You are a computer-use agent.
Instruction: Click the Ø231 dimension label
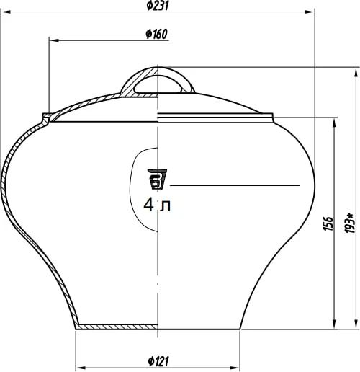pyautogui.click(x=158, y=6)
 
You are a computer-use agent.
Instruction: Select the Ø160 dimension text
pyautogui.click(x=156, y=34)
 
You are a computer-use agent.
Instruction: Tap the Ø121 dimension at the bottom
pyautogui.click(x=158, y=361)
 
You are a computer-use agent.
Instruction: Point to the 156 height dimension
pyautogui.click(x=328, y=223)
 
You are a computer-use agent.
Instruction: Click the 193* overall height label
pyautogui.click(x=350, y=223)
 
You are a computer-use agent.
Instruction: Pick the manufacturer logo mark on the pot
pyautogui.click(x=157, y=180)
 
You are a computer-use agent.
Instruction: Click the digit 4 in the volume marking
pyautogui.click(x=149, y=205)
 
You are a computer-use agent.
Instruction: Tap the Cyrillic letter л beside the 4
pyautogui.click(x=166, y=206)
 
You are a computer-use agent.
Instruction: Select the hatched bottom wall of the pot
pyautogui.click(x=117, y=327)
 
